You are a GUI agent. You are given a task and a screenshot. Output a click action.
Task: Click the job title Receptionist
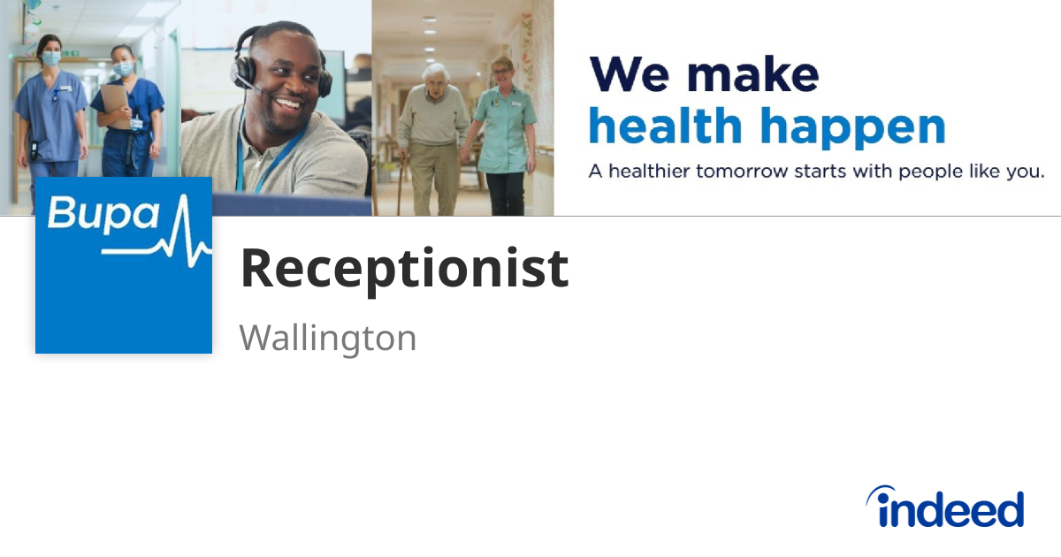[404, 269]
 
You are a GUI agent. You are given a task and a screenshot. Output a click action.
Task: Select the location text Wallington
[327, 338]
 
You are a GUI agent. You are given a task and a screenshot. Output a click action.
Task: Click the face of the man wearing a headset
[282, 84]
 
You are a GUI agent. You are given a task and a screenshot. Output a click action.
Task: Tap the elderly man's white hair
[435, 70]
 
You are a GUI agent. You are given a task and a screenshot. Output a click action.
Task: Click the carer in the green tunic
[505, 133]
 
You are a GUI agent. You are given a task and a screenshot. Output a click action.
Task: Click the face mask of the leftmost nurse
[51, 58]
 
